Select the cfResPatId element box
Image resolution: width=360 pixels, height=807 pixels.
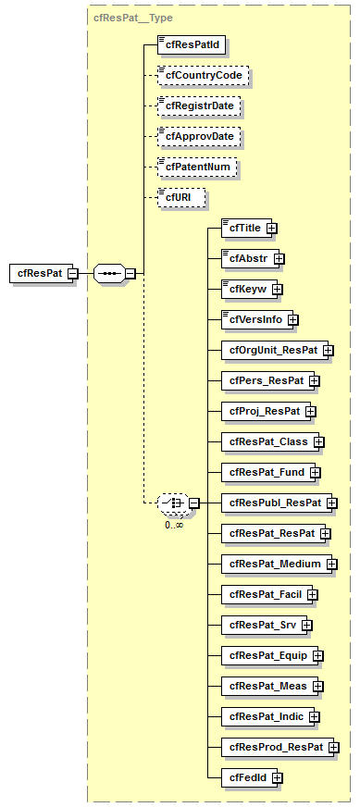192,43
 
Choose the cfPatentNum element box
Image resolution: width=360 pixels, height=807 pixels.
197,168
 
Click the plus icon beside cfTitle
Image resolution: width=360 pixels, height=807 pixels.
272,228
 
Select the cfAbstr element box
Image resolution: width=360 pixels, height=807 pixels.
245,258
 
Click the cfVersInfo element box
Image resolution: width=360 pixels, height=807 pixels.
254,319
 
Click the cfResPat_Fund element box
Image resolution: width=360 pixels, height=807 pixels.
265,472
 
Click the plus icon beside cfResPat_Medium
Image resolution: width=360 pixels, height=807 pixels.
330,564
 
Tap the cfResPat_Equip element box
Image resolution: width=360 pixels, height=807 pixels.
267,655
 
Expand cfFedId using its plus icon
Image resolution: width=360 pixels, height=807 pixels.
277,777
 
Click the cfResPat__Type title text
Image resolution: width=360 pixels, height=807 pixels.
133,17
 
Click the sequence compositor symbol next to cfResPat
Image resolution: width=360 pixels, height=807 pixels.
109,273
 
